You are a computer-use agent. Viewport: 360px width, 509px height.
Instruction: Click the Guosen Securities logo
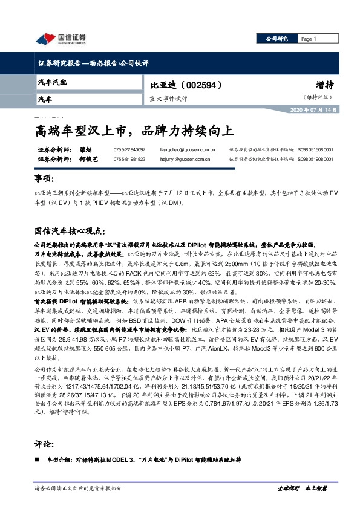point(60,39)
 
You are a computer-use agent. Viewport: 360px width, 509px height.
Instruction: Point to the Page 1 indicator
point(309,39)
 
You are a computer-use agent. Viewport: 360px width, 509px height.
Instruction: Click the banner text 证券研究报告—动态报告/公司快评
point(93,63)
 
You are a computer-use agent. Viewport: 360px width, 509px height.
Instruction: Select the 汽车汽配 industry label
point(53,82)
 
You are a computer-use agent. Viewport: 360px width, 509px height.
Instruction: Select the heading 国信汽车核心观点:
point(70,231)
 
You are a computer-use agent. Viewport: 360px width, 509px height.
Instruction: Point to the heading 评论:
point(45,444)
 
